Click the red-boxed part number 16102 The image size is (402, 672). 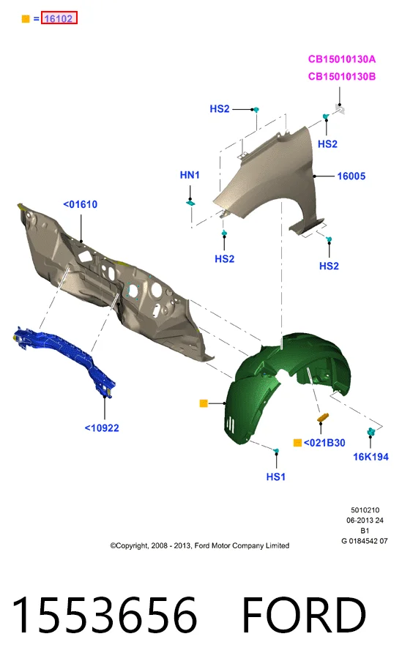click(x=59, y=18)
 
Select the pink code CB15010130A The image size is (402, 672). click(x=341, y=59)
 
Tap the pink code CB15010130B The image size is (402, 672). click(x=341, y=76)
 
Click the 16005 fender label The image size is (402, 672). click(x=351, y=176)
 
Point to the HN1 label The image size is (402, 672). click(x=190, y=175)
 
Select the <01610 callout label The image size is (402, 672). click(x=80, y=204)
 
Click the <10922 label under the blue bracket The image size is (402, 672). click(x=102, y=428)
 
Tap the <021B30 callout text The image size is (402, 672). click(x=324, y=443)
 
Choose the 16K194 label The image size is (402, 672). click(x=371, y=457)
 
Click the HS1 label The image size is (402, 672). click(x=275, y=477)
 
